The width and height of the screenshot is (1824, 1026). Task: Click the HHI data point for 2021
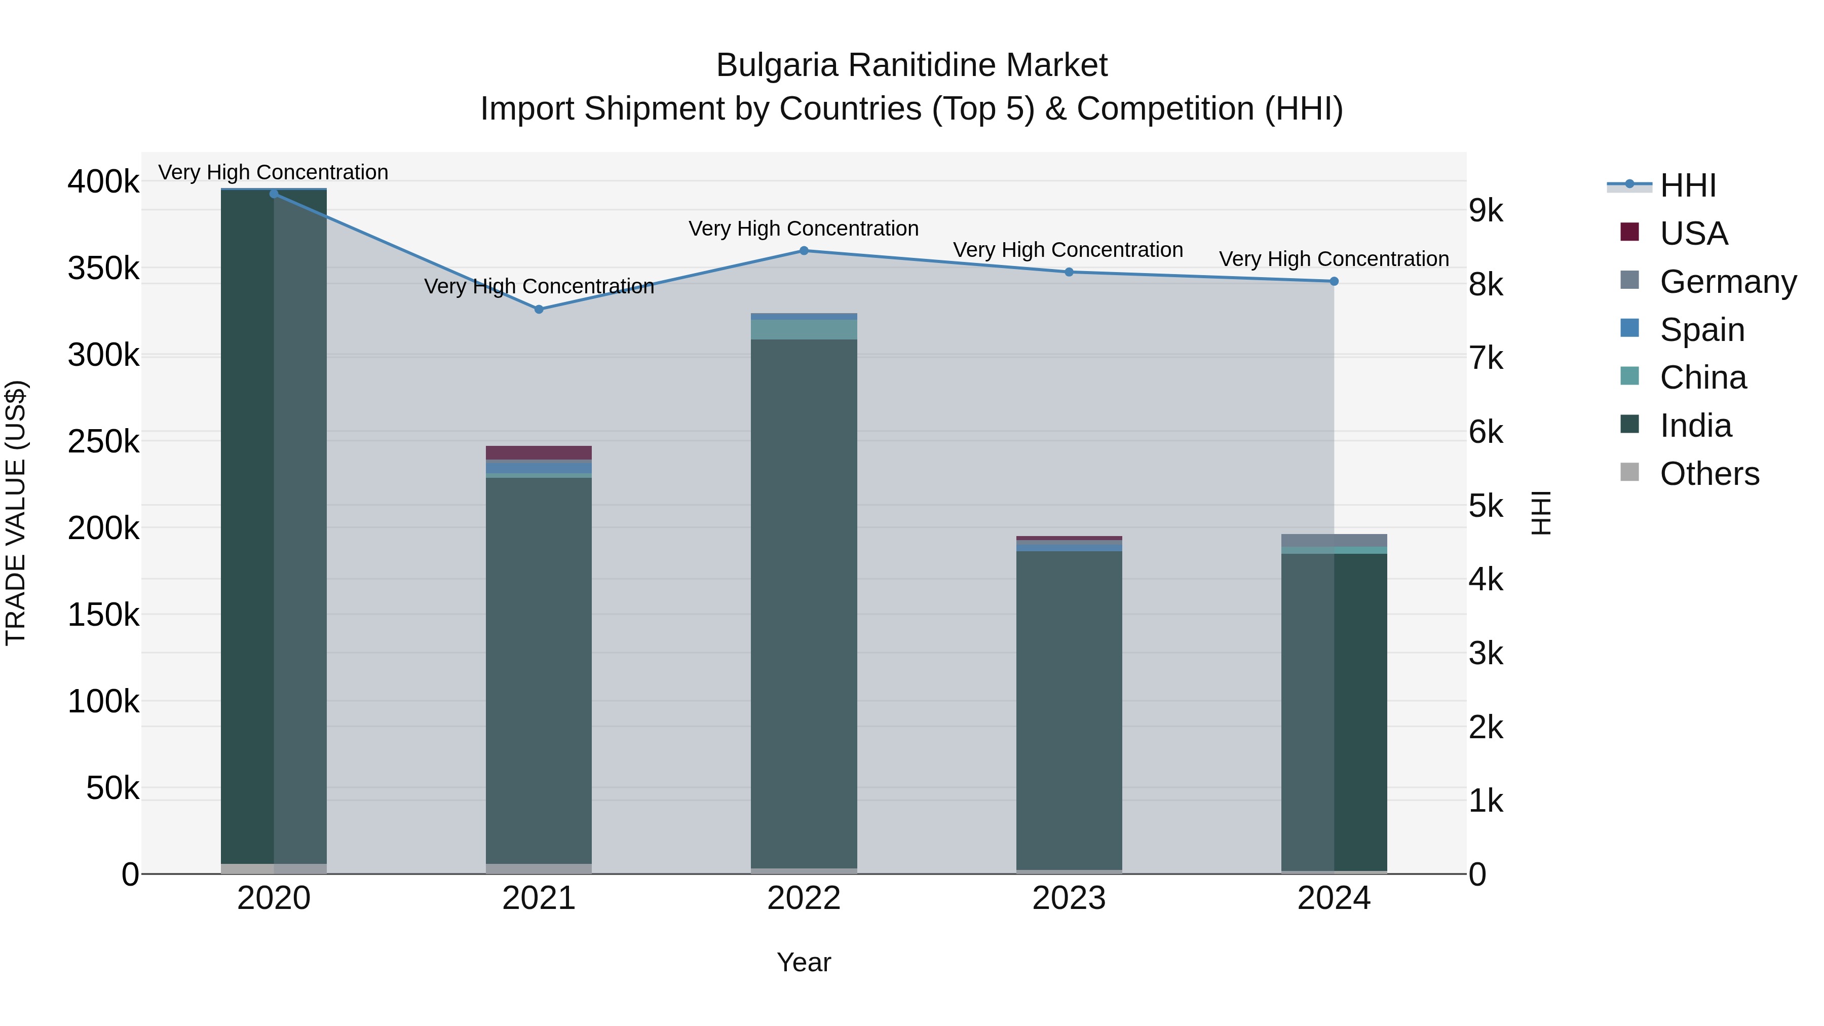point(539,310)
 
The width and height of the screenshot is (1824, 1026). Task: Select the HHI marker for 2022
point(804,251)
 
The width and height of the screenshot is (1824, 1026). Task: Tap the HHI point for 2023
point(1069,272)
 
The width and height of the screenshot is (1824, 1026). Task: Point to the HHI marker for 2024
point(1334,281)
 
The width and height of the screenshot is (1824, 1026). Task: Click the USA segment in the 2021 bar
point(539,452)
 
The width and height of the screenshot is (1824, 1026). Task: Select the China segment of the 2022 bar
point(804,329)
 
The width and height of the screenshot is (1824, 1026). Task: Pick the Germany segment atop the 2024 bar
point(1334,540)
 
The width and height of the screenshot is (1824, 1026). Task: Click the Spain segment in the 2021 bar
point(539,467)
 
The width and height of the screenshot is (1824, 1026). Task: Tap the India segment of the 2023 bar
point(1069,708)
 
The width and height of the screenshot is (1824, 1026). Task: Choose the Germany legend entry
point(1728,282)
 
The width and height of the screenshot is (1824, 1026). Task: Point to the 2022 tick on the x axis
point(804,898)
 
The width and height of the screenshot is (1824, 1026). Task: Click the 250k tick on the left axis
point(103,442)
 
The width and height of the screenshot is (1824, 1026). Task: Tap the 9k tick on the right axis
point(1486,211)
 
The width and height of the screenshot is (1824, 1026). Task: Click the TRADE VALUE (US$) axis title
point(16,513)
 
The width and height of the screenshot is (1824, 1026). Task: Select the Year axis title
point(804,962)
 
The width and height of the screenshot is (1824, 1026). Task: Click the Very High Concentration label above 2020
point(273,172)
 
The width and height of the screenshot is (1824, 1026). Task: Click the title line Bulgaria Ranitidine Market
point(911,65)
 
